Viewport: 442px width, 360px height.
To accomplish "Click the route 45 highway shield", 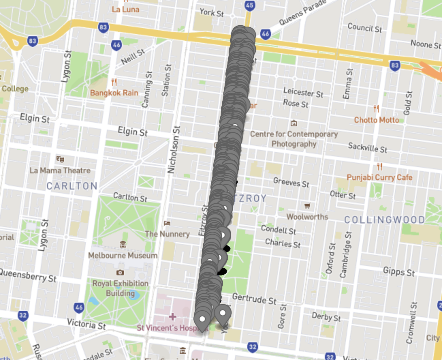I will pos(250,5).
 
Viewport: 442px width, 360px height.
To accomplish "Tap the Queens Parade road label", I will pos(302,13).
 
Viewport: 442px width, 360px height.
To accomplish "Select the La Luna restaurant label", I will pos(125,9).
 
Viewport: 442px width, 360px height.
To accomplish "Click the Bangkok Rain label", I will pos(114,93).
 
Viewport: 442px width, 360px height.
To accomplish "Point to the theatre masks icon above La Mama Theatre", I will pos(60,159).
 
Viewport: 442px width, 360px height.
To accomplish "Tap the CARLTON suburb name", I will pos(72,186).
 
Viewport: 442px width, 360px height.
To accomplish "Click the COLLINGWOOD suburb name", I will pos(384,220).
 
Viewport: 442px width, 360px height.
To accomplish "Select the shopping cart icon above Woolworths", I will pos(307,206).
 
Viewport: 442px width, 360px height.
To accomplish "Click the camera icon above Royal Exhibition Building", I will pos(120,272).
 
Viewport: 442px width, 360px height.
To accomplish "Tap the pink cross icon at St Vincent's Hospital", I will pos(173,317).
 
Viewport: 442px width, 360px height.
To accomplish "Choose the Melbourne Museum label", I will pos(123,255).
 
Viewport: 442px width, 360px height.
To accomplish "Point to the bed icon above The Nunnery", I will pos(167,223).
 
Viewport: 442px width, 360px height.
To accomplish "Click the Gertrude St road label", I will pos(254,299).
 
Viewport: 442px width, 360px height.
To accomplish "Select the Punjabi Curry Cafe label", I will pos(379,177).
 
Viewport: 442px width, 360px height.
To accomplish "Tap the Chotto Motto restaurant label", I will pos(376,120).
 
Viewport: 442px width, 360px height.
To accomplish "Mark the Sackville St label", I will pos(367,148).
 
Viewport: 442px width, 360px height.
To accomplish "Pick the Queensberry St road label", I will pos(28,275).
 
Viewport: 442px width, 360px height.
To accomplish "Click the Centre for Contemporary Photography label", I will pos(294,139).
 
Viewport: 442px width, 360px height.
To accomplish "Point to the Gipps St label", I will pos(399,272).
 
